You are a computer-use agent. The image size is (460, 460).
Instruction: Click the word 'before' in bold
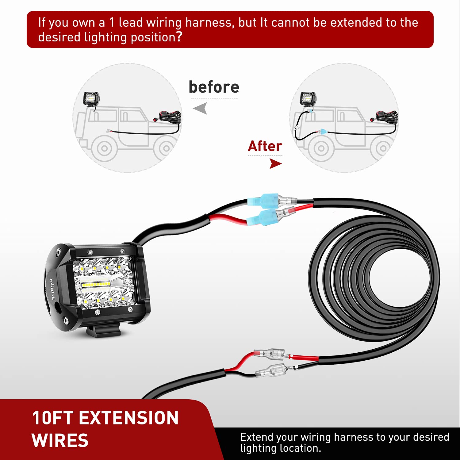click(x=214, y=87)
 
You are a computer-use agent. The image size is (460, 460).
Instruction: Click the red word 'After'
click(x=265, y=146)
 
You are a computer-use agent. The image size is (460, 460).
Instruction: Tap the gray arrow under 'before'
click(x=201, y=108)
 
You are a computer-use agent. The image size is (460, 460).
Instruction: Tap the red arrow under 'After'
click(x=275, y=164)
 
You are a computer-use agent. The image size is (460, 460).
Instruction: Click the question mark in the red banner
click(x=179, y=37)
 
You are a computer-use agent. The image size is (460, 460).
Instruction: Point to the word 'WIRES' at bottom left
click(x=60, y=440)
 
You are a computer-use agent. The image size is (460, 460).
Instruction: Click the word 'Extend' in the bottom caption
click(x=256, y=437)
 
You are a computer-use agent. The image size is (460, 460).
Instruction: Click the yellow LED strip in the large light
click(x=96, y=285)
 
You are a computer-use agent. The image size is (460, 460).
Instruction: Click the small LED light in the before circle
click(x=91, y=99)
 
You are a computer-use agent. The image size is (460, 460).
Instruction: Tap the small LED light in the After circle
click(x=308, y=99)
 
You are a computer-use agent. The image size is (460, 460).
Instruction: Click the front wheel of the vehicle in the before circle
click(x=104, y=149)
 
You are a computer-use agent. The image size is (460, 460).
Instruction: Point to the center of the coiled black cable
click(x=399, y=278)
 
